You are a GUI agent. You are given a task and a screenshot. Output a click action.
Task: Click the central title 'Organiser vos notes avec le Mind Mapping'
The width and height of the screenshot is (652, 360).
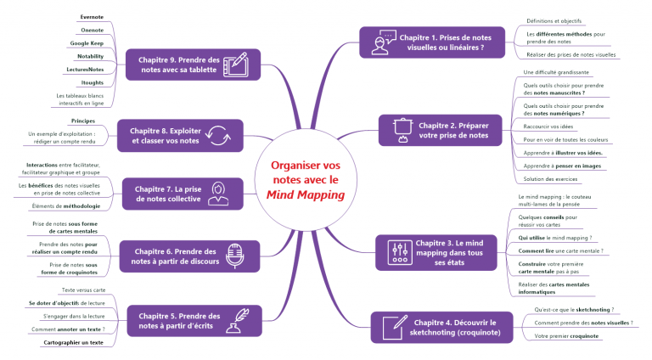pyautogui.click(x=306, y=180)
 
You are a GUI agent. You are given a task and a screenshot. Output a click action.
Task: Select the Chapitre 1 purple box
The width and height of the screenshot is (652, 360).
pyautogui.click(x=433, y=42)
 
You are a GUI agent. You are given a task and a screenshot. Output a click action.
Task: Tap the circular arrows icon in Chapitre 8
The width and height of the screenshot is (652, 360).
pyautogui.click(x=216, y=135)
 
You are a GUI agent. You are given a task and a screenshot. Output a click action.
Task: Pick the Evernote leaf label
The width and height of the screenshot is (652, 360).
pyautogui.click(x=92, y=16)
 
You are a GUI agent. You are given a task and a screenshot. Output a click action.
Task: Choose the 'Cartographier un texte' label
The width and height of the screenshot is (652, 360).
pyautogui.click(x=73, y=342)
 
